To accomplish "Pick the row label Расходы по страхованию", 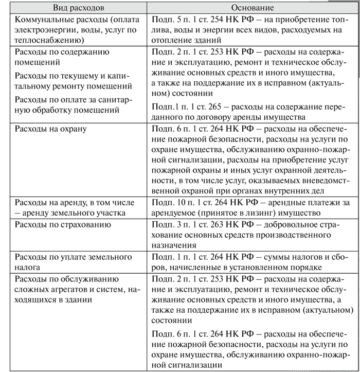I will [64, 225].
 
